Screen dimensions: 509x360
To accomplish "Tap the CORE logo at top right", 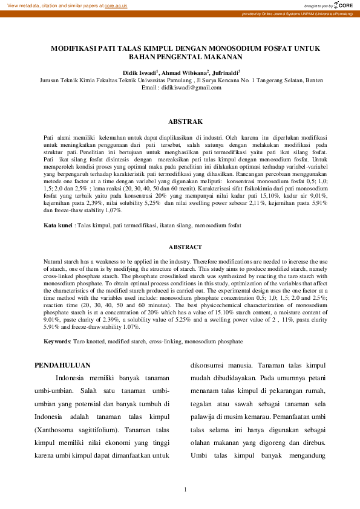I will tap(344, 5).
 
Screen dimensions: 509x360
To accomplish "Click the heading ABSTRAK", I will tap(185, 122).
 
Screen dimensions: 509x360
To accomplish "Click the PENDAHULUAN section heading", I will tap(62, 365).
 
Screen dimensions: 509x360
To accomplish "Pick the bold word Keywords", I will tap(57, 342).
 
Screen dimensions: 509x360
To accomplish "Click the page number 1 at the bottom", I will tap(185, 489).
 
